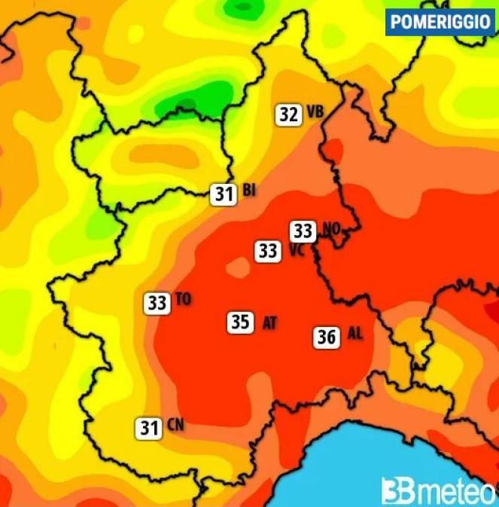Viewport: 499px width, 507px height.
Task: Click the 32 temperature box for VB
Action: pyautogui.click(x=288, y=115)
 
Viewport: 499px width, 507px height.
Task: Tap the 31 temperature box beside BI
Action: pyautogui.click(x=224, y=194)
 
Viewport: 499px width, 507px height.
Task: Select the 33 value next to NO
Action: pyautogui.click(x=304, y=231)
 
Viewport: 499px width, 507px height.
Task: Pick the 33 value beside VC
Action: pyautogui.click(x=268, y=250)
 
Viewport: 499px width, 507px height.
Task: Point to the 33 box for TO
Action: pyautogui.click(x=157, y=304)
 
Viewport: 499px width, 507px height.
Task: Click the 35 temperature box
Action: pyautogui.click(x=240, y=322)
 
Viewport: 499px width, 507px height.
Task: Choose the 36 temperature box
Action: pyautogui.click(x=327, y=337)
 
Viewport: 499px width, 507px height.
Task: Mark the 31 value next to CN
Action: pyautogui.click(x=149, y=429)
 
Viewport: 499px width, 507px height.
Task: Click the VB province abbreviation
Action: pyautogui.click(x=315, y=113)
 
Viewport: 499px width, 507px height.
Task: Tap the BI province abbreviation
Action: pyautogui.click(x=249, y=191)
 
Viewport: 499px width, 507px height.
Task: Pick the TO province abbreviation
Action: pyautogui.click(x=183, y=300)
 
